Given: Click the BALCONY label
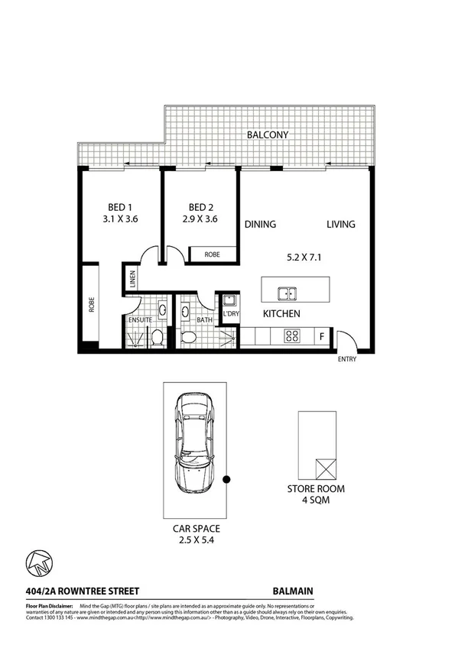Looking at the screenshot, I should pyautogui.click(x=267, y=134).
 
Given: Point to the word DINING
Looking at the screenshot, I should pyautogui.click(x=260, y=225).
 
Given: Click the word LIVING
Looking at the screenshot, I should pyautogui.click(x=341, y=225).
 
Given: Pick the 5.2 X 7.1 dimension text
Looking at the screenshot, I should pyautogui.click(x=304, y=257).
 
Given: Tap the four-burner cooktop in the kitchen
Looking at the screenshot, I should pyautogui.click(x=292, y=334).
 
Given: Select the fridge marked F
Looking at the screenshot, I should pyautogui.click(x=321, y=334).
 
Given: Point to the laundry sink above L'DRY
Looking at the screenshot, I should pyautogui.click(x=228, y=300).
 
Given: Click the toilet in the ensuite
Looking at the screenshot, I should pyautogui.click(x=157, y=337).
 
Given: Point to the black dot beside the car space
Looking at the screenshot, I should pyautogui.click(x=226, y=479).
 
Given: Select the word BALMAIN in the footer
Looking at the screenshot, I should pyautogui.click(x=293, y=590).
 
